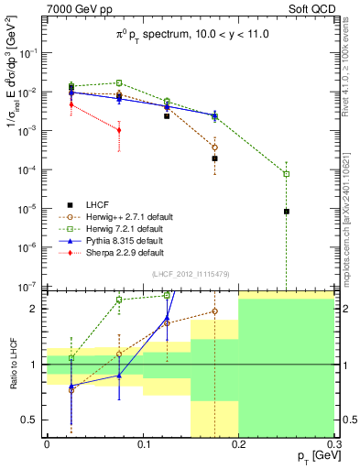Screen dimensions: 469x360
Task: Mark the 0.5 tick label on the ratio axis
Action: pos(34,420)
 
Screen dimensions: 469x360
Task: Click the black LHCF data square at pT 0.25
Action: pos(286,212)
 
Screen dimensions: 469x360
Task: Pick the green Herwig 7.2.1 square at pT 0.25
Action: pos(286,174)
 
